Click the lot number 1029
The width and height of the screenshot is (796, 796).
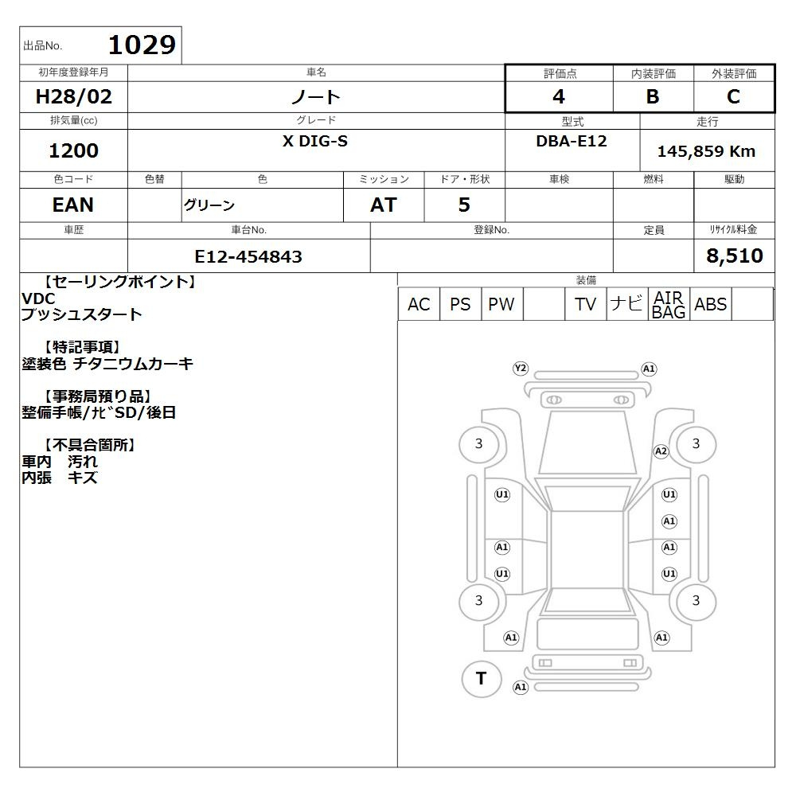click(142, 45)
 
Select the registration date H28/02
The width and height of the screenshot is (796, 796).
click(73, 96)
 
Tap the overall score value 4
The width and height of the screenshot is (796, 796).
click(559, 96)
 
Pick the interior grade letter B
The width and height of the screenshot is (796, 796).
click(653, 96)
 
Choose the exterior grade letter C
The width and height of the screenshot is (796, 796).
click(734, 96)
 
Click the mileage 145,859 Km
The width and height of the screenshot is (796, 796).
click(707, 151)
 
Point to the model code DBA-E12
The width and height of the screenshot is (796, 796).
click(572, 141)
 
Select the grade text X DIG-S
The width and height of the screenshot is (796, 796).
click(315, 141)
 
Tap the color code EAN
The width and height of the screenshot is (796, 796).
click(73, 205)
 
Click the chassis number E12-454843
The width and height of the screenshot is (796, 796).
click(248, 257)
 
